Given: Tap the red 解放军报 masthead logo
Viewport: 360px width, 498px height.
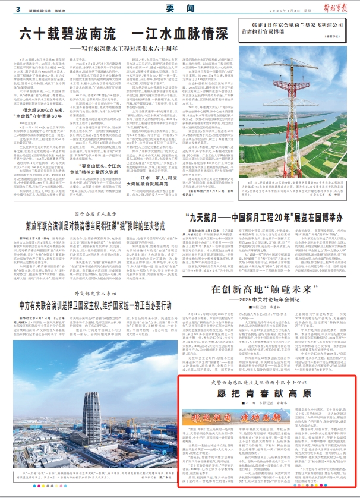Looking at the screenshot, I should pyautogui.click(x=338, y=8).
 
